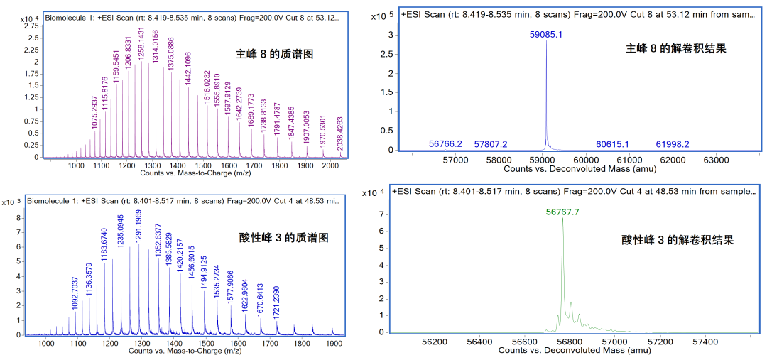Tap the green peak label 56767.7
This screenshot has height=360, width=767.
point(563,211)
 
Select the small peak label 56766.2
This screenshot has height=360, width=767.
point(445,144)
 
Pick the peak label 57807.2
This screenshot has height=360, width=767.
point(491,144)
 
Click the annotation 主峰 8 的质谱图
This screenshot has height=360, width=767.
point(275,53)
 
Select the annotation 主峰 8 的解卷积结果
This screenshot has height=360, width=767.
point(675,48)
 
